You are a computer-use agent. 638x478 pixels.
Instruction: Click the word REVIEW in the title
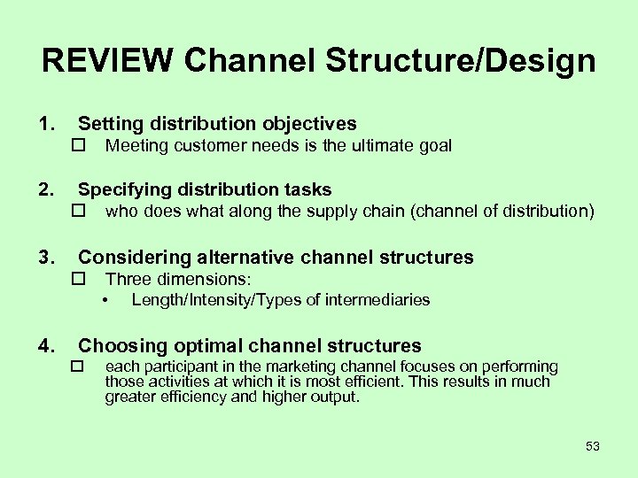[107, 61]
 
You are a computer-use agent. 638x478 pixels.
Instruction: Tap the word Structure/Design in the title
[461, 62]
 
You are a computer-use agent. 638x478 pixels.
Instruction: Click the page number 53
[593, 446]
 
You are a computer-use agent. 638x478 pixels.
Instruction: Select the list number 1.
[45, 124]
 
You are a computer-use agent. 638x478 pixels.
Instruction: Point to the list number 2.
[45, 189]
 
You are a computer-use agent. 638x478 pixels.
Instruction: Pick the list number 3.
[45, 258]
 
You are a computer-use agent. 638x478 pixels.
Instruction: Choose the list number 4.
[45, 346]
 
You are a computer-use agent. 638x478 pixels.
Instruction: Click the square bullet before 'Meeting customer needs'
[78, 146]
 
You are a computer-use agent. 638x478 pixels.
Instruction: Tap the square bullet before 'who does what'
[78, 212]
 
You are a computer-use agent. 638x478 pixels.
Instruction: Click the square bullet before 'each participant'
[78, 366]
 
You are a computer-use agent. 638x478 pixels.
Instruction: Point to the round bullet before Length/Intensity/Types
[105, 300]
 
